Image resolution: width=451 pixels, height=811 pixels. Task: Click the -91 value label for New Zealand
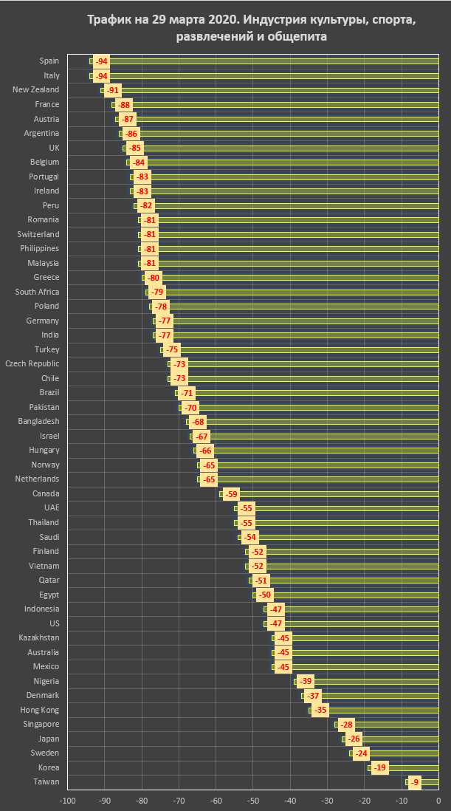click(x=112, y=90)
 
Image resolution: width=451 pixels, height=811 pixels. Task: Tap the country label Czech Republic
click(x=32, y=363)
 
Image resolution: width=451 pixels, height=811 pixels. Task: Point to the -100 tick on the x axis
click(x=68, y=801)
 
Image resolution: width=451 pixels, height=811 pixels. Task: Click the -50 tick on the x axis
click(x=253, y=801)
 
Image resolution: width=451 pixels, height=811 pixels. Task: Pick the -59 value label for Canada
click(x=231, y=494)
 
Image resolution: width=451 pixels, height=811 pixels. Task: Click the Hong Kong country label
click(x=41, y=710)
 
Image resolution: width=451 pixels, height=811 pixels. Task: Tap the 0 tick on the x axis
click(x=438, y=801)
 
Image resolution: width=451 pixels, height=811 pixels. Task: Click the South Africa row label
click(x=38, y=292)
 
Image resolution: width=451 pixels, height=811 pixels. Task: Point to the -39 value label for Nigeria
click(x=305, y=681)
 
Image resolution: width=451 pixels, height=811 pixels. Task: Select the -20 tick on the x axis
click(x=365, y=801)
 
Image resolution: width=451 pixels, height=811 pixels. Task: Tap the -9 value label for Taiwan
click(x=414, y=781)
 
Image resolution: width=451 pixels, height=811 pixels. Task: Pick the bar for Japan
click(x=390, y=739)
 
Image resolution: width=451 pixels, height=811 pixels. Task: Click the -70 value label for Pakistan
click(x=190, y=408)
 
